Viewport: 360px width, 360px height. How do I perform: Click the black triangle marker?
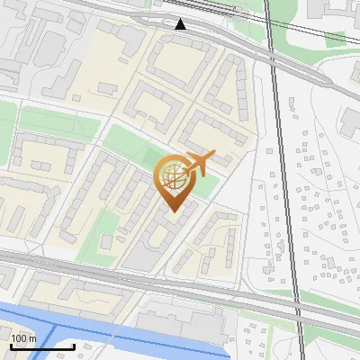[x=181, y=24]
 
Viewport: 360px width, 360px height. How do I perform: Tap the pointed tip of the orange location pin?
[x=172, y=211]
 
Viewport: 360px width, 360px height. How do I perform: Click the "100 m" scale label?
[x=23, y=338]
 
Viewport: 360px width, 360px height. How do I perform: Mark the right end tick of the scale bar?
[x=75, y=346]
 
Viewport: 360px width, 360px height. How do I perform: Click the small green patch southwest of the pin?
[x=105, y=225]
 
